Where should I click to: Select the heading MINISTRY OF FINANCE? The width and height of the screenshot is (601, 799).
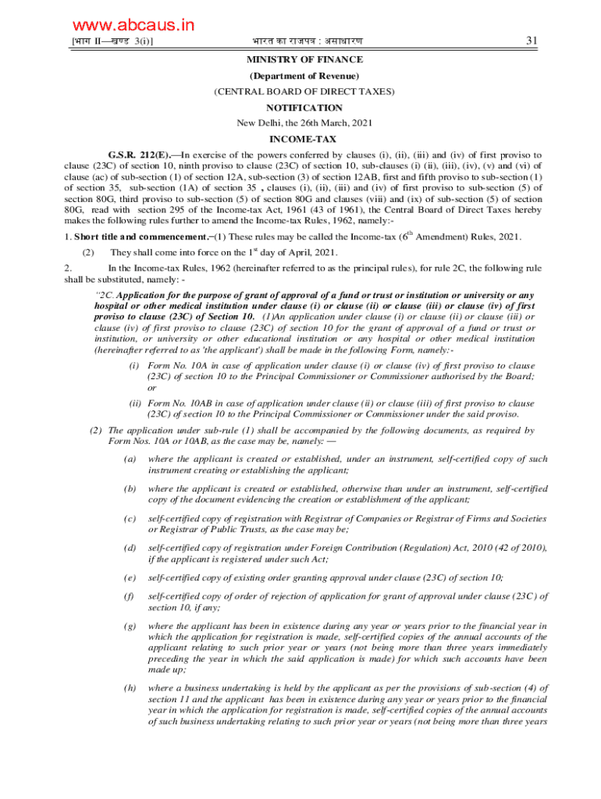[x=304, y=59]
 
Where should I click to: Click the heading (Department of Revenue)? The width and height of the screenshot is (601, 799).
[x=304, y=76]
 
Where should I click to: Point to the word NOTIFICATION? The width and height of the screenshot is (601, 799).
[x=304, y=108]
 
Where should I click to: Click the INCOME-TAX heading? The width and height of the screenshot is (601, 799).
[x=304, y=140]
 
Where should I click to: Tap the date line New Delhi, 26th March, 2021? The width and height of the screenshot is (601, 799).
[x=304, y=123]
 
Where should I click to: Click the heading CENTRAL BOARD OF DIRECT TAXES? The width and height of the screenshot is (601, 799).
[x=304, y=91]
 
